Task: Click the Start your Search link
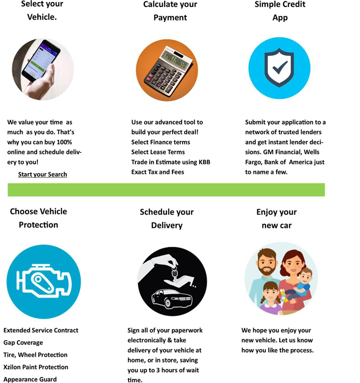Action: tap(43, 174)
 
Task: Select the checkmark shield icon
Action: tap(279, 68)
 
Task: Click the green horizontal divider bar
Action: tap(166, 190)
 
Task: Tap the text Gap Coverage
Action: tap(23, 343)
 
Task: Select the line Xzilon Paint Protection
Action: tap(36, 367)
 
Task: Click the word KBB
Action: tap(204, 162)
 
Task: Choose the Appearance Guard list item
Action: tap(30, 379)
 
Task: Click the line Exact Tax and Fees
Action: tap(157, 172)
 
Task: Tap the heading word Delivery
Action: tap(166, 225)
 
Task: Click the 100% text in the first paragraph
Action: tap(63, 142)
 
